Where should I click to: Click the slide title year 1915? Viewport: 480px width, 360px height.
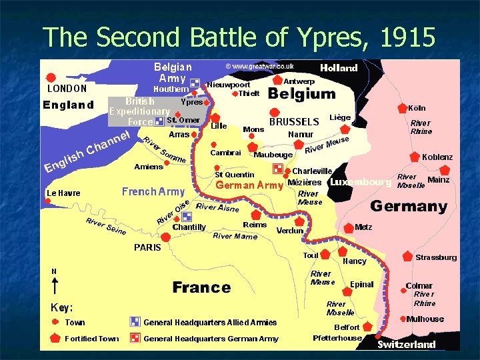coord(407,37)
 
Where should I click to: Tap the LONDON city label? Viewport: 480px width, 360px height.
coord(66,88)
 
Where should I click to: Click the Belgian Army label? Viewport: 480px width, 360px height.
coord(172,73)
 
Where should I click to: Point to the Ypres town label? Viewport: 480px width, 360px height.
coord(192,102)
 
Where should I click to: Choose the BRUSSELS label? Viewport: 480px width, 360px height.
coord(294,121)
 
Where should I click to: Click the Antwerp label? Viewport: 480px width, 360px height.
coord(299,81)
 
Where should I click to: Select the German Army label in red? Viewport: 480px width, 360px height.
coord(250,185)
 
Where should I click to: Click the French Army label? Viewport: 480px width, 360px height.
coord(153,192)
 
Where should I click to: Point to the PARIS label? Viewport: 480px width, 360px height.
coord(147,247)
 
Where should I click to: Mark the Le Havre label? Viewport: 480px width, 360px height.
coord(63,193)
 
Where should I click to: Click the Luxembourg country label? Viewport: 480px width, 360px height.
coord(360,182)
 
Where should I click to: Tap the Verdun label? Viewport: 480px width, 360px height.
coord(289,231)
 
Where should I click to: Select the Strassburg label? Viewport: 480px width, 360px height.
coord(436,257)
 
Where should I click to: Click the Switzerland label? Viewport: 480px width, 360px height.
coord(406,345)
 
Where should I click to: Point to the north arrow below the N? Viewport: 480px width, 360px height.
coord(54,286)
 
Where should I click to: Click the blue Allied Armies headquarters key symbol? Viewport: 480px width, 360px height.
coord(135,322)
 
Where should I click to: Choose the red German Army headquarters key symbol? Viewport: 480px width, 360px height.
coord(135,338)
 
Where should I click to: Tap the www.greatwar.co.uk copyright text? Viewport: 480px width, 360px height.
coord(259,67)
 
